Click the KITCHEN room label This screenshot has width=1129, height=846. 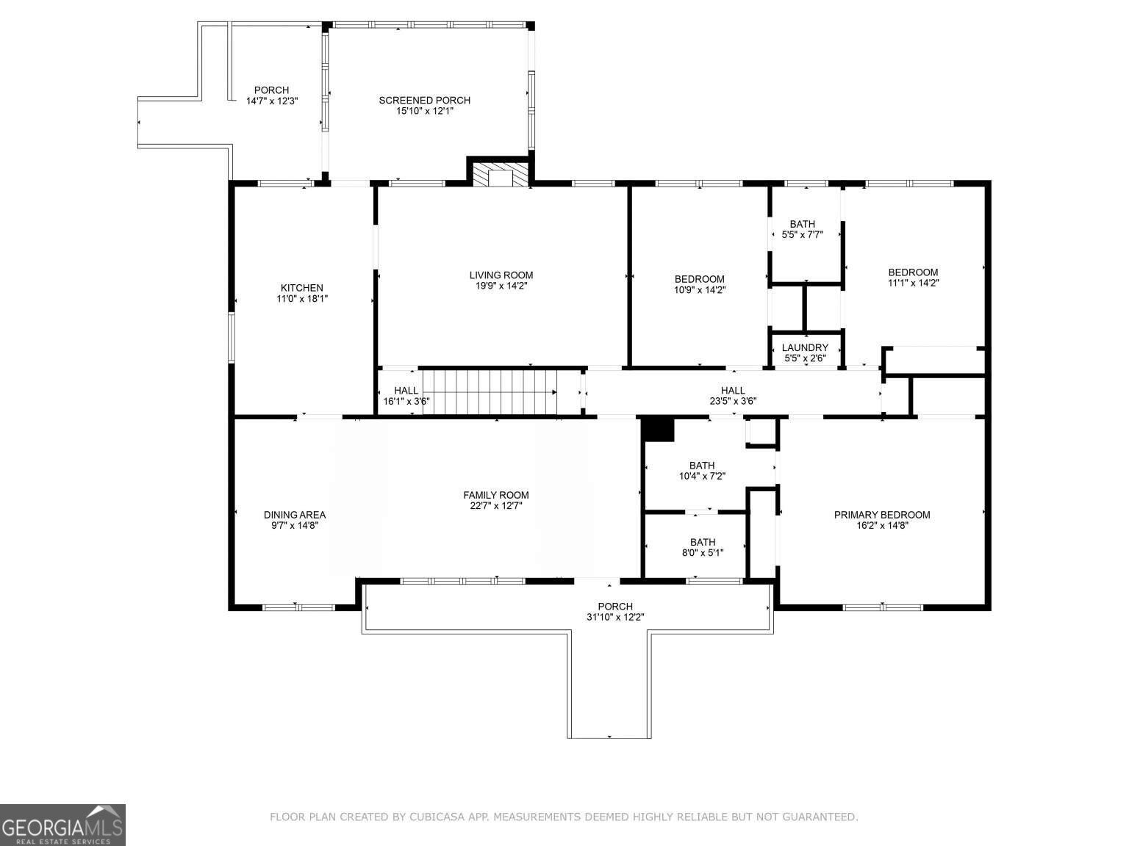click(x=302, y=288)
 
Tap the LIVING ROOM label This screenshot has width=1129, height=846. click(x=501, y=275)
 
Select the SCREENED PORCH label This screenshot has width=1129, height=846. click(x=424, y=100)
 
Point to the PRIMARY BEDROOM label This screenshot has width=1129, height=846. click(x=881, y=515)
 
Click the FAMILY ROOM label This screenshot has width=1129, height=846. click(x=496, y=495)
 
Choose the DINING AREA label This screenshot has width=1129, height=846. click(x=295, y=515)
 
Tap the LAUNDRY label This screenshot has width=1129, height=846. click(x=805, y=348)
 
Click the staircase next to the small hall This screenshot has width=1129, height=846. click(x=494, y=392)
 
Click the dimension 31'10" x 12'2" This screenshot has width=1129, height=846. click(x=615, y=617)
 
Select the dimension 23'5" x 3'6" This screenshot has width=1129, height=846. click(x=733, y=401)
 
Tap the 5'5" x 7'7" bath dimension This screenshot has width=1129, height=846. click(x=803, y=235)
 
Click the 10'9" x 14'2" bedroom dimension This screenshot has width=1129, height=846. click(x=700, y=289)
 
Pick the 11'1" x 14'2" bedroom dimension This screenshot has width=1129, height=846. click(x=914, y=283)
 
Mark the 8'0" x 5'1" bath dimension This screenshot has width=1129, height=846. click(x=703, y=553)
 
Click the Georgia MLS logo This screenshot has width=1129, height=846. click(x=62, y=825)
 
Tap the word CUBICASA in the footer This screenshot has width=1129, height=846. click(x=437, y=817)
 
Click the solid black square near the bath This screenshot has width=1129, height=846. click(x=659, y=430)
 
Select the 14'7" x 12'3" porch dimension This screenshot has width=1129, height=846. click(x=271, y=101)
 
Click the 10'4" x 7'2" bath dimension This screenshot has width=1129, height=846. click(x=702, y=476)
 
